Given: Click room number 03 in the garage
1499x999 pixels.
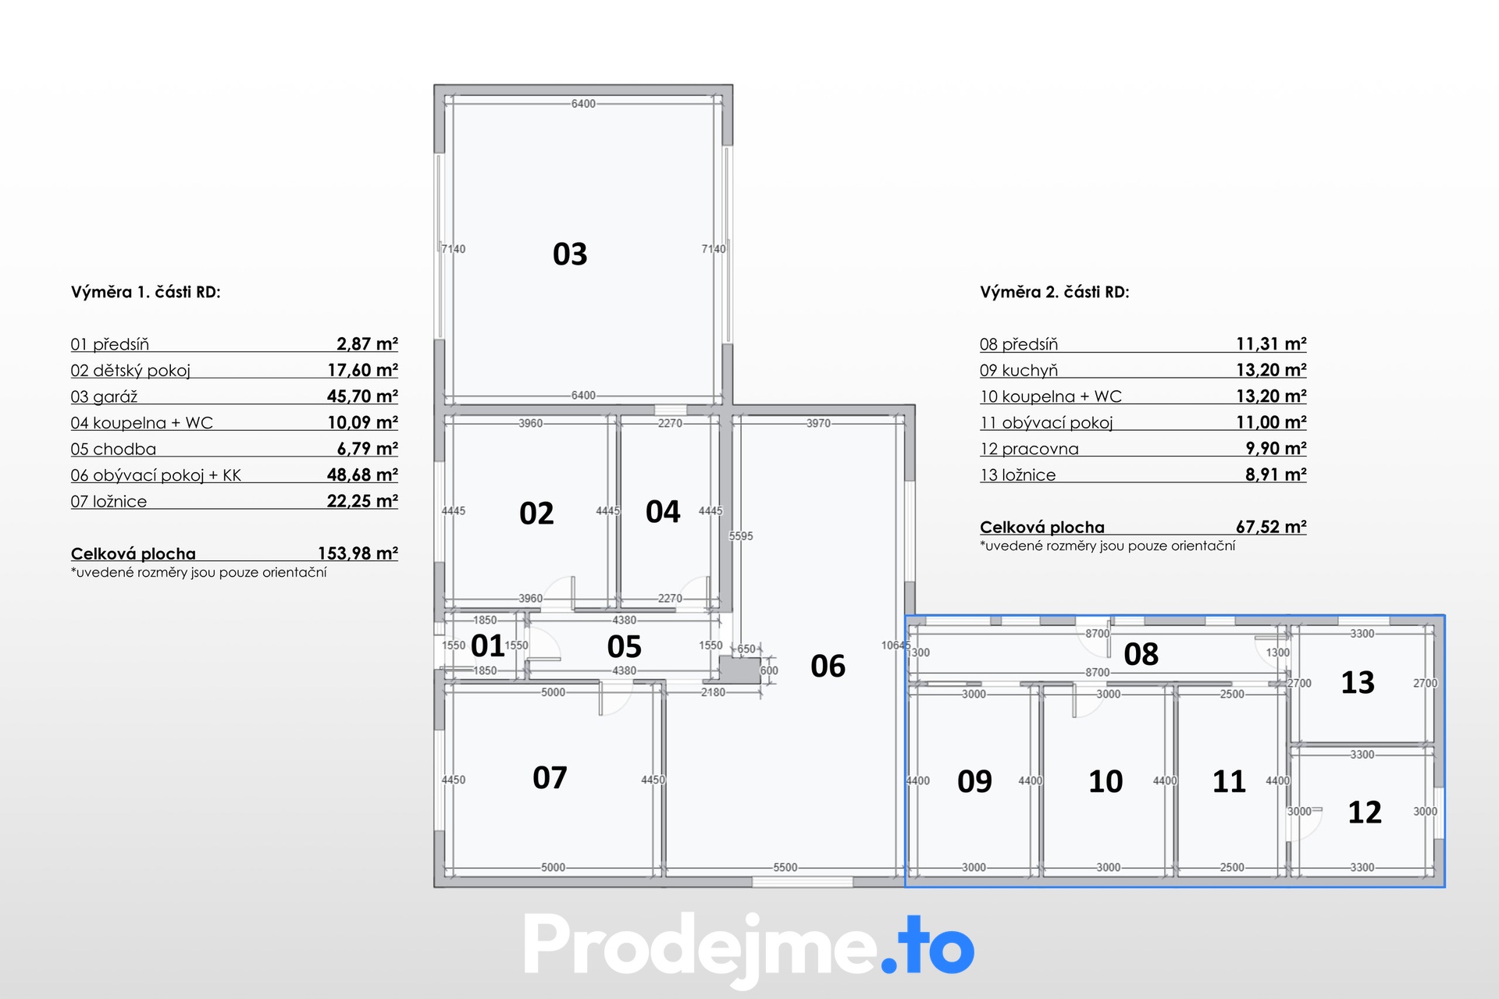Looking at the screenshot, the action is point(570,254).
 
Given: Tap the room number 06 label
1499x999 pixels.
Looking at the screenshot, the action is point(828,667).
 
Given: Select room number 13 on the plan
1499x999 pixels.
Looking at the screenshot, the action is point(1358,683).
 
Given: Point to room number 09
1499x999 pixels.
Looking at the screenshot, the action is point(974,781).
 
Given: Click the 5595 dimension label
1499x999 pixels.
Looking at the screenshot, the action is point(741,536).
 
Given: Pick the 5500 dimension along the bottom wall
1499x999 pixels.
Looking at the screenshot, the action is point(785,867).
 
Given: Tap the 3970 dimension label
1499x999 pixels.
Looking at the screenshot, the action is point(818,423).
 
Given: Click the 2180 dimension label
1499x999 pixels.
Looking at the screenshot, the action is point(713,692).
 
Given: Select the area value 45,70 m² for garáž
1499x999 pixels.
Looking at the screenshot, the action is point(362,396).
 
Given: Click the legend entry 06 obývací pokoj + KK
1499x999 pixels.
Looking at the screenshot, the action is point(156,475).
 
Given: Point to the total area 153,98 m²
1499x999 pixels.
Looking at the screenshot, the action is point(358,553).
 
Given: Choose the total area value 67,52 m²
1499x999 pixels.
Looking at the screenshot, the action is point(1271,527).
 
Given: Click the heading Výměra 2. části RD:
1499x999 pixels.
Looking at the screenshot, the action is point(1055,292).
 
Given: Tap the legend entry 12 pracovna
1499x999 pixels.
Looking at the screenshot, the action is point(1029,449).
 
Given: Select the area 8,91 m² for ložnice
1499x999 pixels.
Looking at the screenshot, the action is point(1276,475).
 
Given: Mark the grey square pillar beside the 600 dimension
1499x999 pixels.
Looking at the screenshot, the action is point(739,670).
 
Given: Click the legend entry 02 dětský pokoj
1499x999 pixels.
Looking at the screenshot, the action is point(130,371).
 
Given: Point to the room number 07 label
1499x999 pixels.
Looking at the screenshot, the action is point(550,778).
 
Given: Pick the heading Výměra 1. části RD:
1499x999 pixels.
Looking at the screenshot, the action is point(146,292).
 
